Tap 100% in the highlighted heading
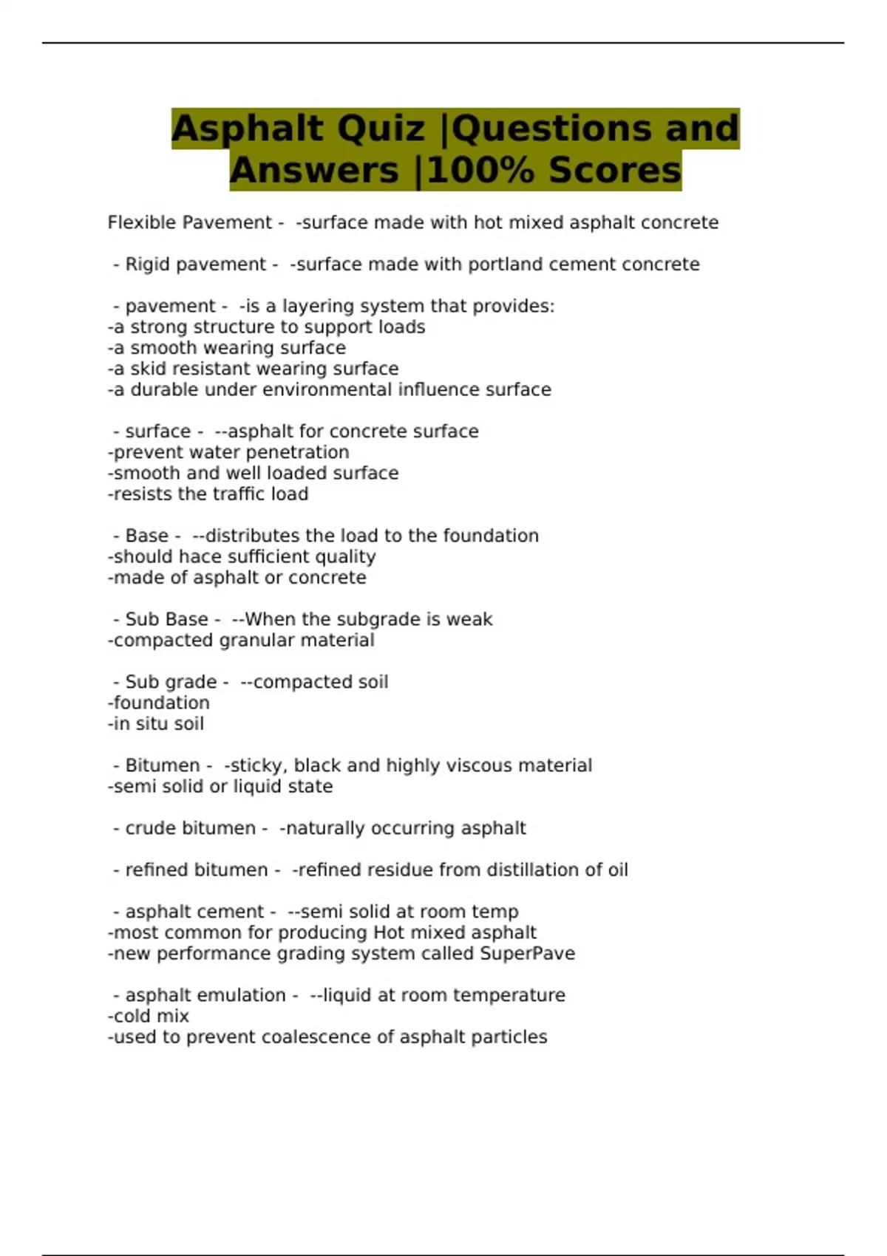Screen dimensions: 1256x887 (482, 171)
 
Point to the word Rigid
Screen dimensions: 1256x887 (144, 264)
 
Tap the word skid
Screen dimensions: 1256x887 (147, 369)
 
